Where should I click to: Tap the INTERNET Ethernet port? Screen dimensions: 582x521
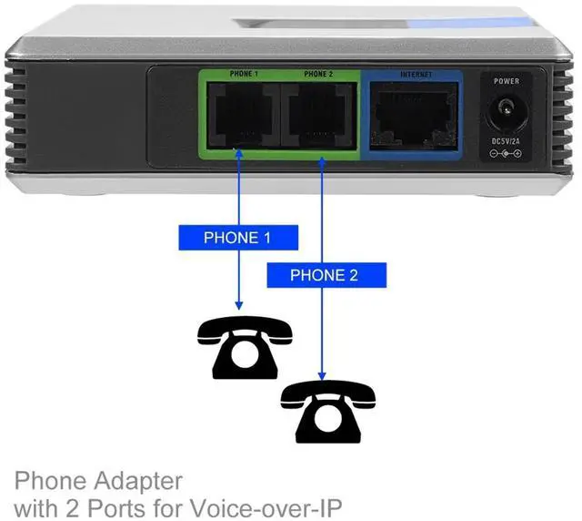click(x=415, y=117)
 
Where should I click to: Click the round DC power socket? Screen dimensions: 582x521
click(x=507, y=114)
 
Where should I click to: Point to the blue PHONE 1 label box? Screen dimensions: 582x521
click(x=237, y=238)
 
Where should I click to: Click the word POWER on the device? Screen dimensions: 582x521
click(x=507, y=82)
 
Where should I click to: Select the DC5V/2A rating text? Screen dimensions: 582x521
click(x=507, y=141)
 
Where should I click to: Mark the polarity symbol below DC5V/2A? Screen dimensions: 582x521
click(x=507, y=154)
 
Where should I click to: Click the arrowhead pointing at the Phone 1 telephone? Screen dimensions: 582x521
click(x=238, y=304)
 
